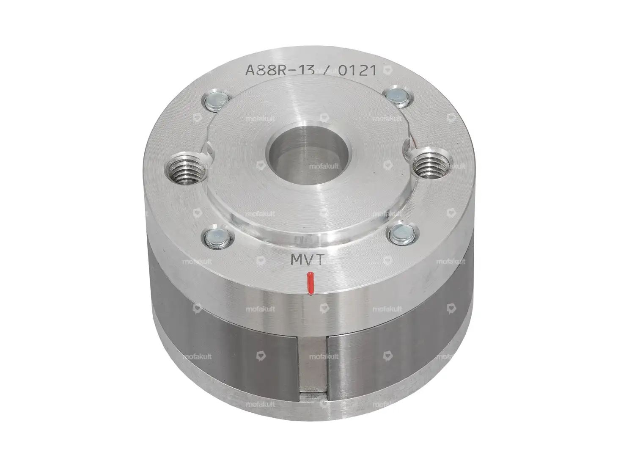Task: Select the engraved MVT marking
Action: [306, 259]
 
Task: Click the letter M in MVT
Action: [295, 259]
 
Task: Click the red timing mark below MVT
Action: [310, 282]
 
